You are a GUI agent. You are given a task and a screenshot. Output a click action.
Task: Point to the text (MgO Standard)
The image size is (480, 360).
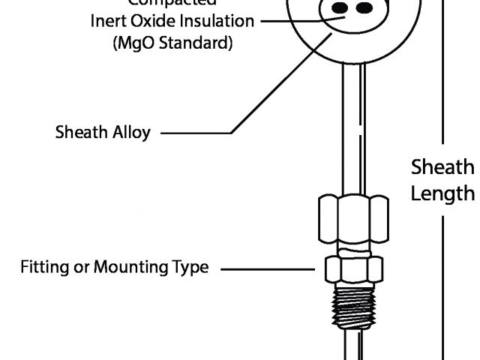tap(172, 43)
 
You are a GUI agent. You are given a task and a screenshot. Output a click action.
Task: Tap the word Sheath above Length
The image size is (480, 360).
tap(442, 166)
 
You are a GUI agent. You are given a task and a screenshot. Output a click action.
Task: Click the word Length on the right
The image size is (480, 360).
tap(442, 193)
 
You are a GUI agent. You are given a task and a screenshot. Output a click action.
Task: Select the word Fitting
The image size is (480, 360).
tap(44, 268)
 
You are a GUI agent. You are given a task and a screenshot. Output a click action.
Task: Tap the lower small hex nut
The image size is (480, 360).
tap(352, 268)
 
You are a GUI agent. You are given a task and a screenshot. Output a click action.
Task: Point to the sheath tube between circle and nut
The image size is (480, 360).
tap(352, 127)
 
